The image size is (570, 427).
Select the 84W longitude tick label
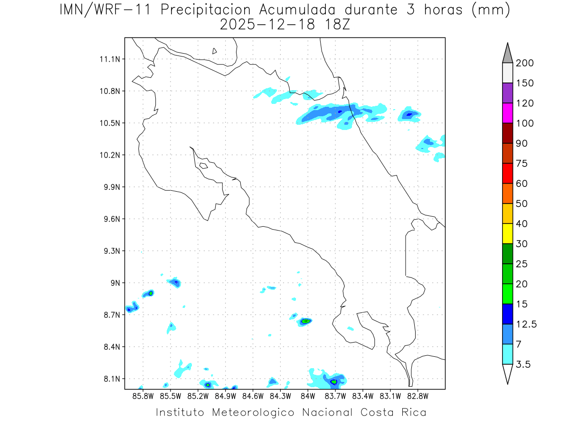coord(307,395)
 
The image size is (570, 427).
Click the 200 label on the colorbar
coord(524,63)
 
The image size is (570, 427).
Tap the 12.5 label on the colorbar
coord(526,324)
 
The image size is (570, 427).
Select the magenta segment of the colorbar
coord(507,113)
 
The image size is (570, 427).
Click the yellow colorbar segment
coord(507,233)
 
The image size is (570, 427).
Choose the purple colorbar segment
coord(507,93)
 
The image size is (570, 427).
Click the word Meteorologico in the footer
coord(253,412)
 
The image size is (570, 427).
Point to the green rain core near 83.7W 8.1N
coord(334,381)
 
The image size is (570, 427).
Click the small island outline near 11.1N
coord(215,51)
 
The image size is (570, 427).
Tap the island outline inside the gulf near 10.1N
coord(203,166)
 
